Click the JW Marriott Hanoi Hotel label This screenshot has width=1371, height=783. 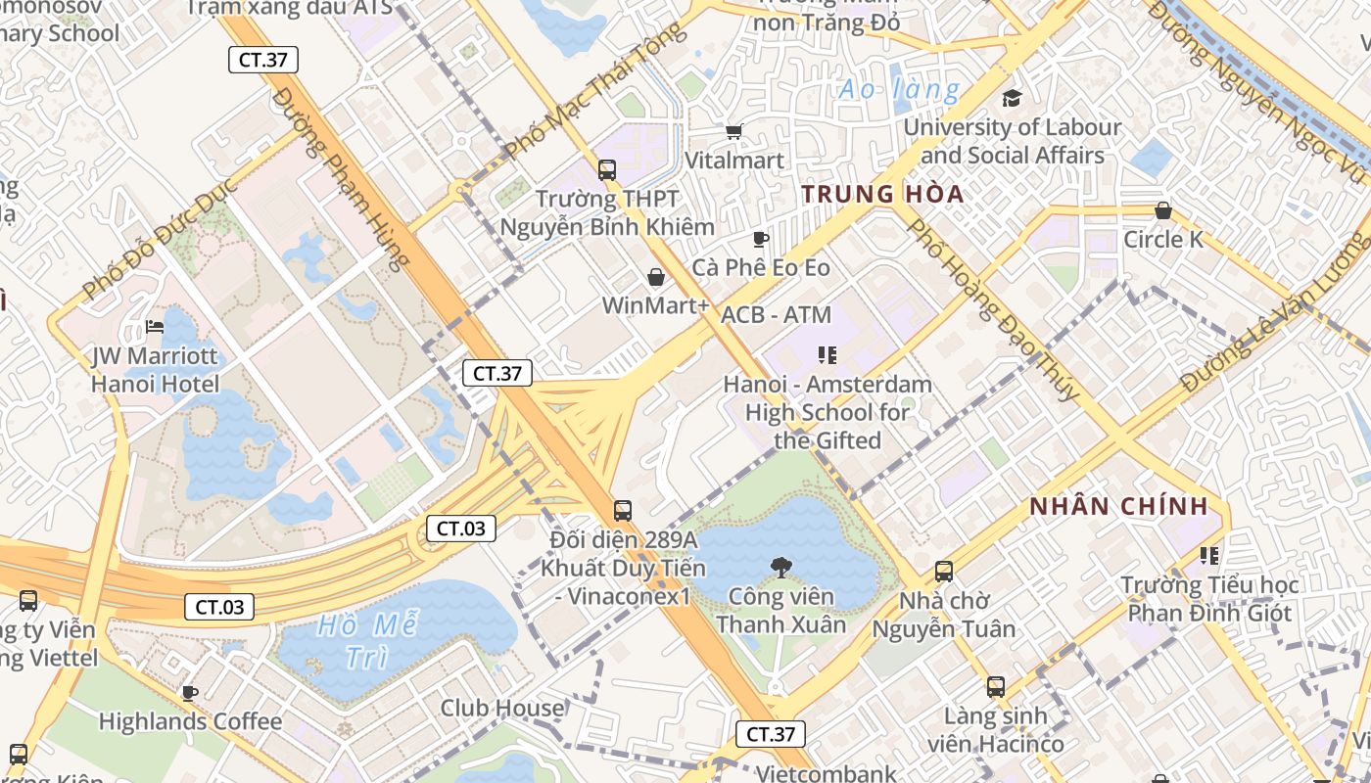(155, 370)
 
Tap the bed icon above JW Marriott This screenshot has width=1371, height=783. (155, 326)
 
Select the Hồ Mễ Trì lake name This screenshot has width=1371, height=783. (368, 641)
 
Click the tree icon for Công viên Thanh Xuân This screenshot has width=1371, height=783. (780, 565)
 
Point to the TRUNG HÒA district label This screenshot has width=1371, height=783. (882, 194)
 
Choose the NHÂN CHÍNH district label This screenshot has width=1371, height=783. (1117, 506)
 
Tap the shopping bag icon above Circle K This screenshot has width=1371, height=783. (1163, 210)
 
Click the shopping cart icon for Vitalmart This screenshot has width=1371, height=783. (733, 131)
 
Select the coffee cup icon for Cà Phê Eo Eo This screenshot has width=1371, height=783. (760, 239)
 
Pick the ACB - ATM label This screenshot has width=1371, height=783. (776, 315)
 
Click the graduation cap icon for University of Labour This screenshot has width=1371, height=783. (1012, 98)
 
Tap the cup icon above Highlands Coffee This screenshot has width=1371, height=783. (189, 693)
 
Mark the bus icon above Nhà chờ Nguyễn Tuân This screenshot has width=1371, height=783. (944, 571)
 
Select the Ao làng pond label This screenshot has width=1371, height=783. (899, 91)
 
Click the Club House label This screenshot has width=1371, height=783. (501, 708)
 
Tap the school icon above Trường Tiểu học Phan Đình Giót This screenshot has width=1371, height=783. (1209, 556)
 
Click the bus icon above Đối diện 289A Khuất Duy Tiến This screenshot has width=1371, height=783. (622, 510)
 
